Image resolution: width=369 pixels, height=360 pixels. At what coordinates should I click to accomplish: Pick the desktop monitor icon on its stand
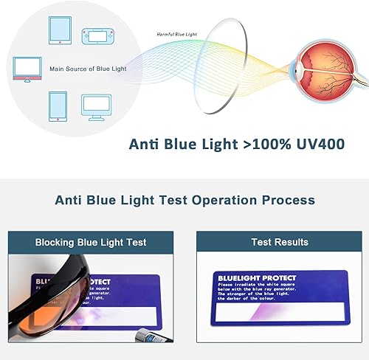(x=96, y=106)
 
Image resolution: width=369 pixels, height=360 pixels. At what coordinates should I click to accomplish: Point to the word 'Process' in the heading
(x=286, y=200)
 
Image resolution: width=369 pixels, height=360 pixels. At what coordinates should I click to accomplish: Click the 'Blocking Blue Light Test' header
(x=91, y=242)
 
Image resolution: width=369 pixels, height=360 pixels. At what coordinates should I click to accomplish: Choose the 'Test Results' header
(x=280, y=242)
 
